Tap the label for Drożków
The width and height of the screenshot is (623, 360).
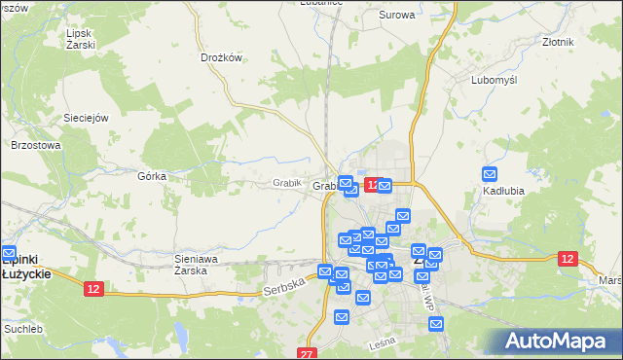(x=220, y=57)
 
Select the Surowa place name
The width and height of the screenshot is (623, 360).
(x=396, y=16)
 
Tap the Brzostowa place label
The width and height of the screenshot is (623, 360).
(x=36, y=145)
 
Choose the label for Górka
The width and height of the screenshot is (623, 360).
(x=153, y=176)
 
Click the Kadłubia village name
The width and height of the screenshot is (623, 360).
(x=504, y=191)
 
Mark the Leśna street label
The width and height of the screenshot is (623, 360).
(x=380, y=343)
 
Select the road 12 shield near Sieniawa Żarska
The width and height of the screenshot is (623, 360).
(x=93, y=289)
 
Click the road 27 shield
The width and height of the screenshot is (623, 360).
(x=308, y=353)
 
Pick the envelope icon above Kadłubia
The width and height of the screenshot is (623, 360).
(x=490, y=175)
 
